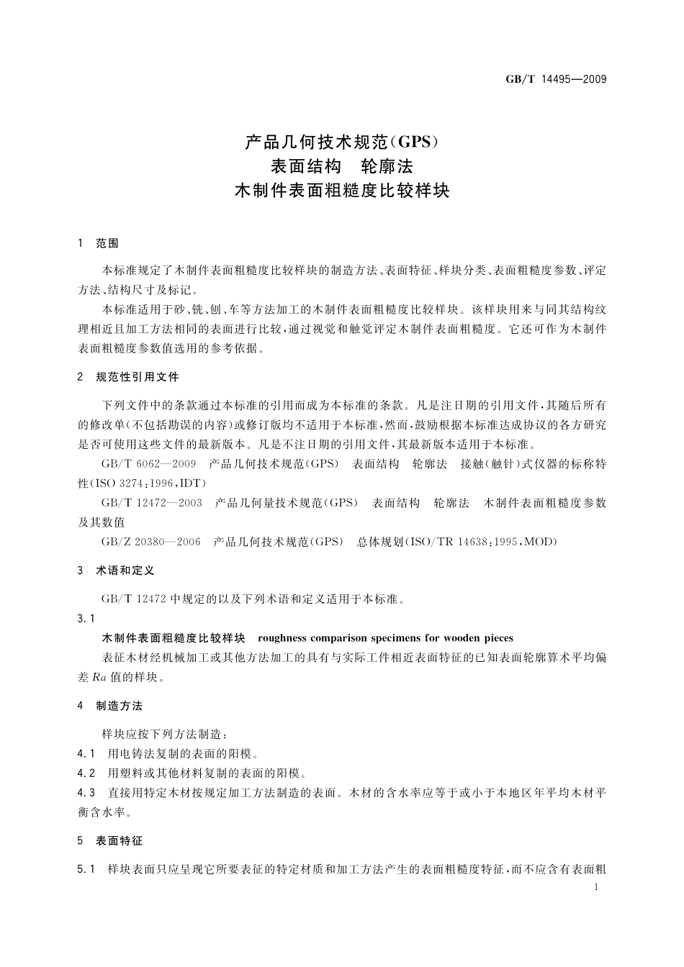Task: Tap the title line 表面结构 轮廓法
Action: (x=341, y=166)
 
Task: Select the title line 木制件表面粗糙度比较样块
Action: (x=341, y=192)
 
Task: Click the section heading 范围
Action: (x=107, y=244)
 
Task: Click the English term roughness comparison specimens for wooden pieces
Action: (x=385, y=638)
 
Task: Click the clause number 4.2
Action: (x=86, y=773)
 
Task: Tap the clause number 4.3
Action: (x=86, y=793)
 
